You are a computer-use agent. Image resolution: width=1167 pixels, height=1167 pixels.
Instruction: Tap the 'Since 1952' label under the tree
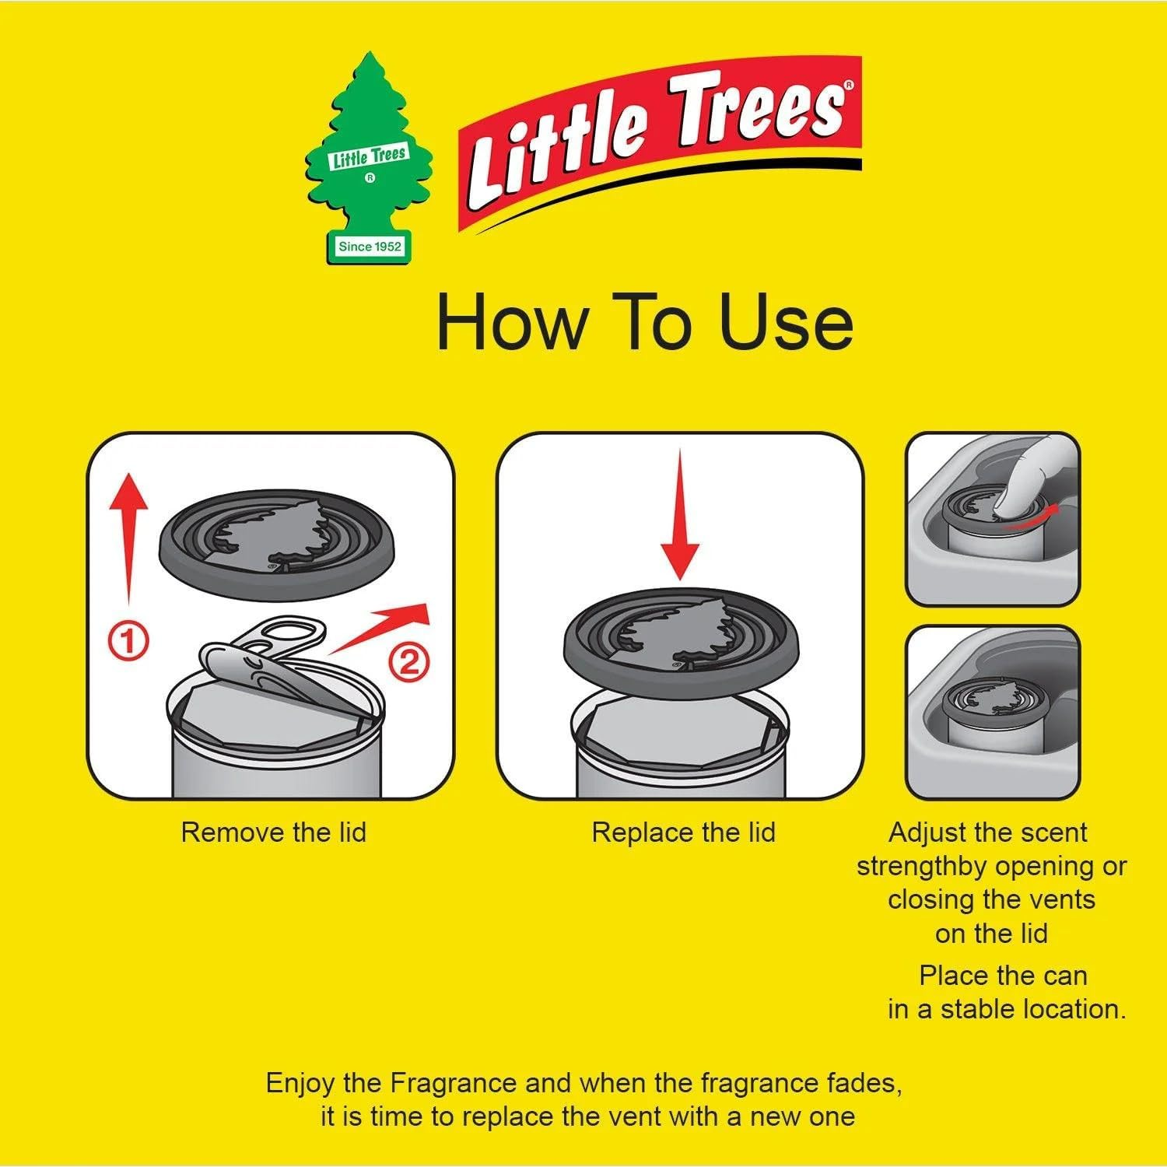click(370, 247)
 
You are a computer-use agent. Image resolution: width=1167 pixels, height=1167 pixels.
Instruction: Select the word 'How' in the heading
click(510, 322)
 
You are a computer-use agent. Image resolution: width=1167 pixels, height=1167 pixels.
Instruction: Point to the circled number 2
click(409, 662)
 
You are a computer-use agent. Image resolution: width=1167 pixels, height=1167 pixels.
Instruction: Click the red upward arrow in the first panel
click(129, 537)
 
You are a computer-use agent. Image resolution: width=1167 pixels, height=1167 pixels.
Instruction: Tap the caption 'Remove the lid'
click(273, 832)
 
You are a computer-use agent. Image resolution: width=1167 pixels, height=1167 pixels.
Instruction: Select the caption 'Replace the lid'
click(683, 832)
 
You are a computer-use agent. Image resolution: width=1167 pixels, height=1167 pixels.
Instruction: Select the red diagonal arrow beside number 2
click(381, 626)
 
